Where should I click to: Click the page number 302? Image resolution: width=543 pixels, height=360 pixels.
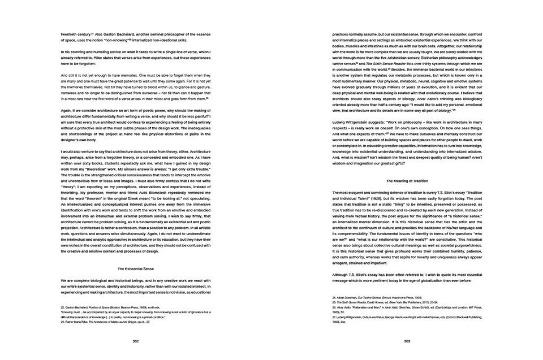click(136, 341)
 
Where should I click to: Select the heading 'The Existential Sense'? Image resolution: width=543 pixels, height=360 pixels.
click(136, 269)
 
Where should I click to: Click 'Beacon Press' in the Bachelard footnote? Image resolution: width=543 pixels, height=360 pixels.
click(133, 307)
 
